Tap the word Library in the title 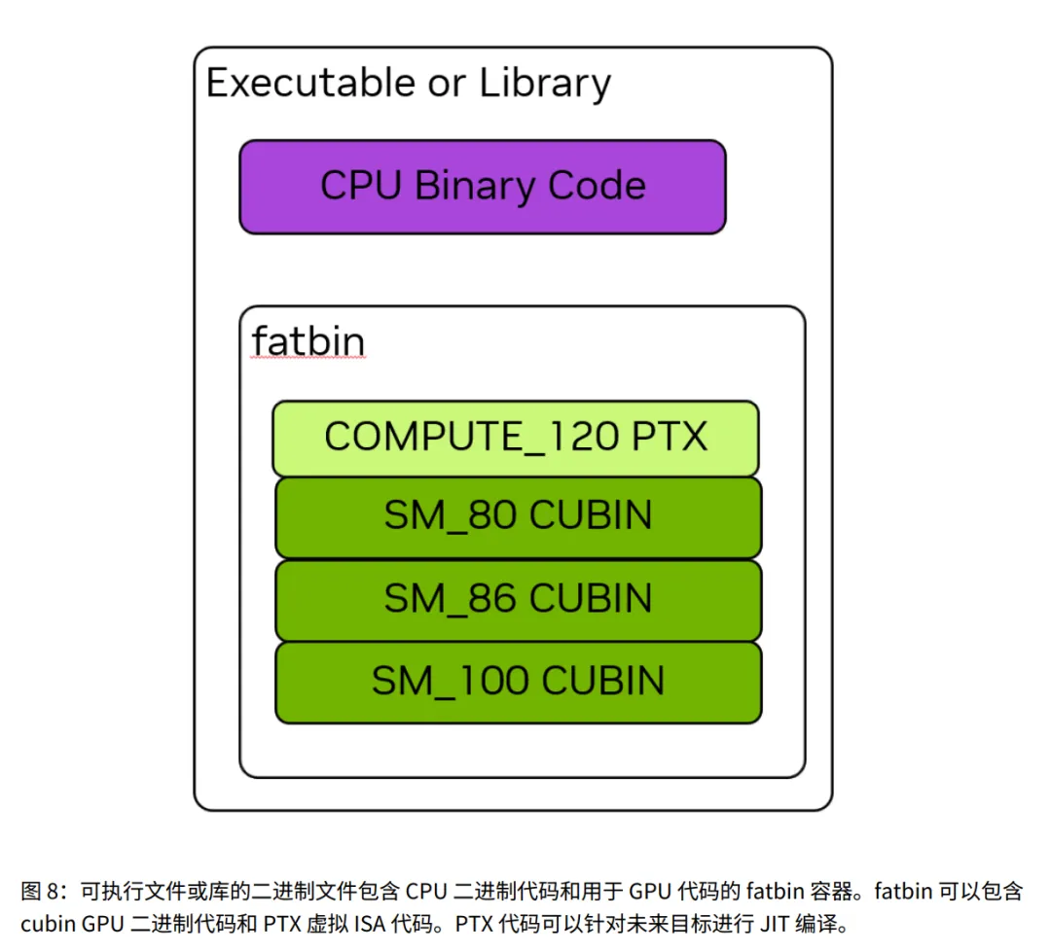click(545, 85)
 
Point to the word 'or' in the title click(448, 85)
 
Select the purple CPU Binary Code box click(483, 187)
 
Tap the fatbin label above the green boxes click(308, 341)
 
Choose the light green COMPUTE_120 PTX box click(515, 438)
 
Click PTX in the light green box click(669, 438)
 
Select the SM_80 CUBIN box click(518, 516)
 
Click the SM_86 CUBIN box click(518, 599)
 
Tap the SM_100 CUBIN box click(518, 682)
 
